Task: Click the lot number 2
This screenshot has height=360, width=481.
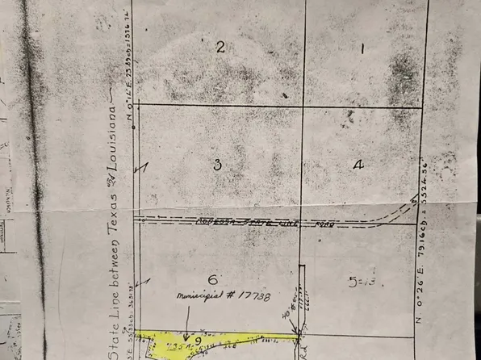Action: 220,46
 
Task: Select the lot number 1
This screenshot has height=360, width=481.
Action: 362,49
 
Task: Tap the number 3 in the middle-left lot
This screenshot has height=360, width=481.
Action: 217,165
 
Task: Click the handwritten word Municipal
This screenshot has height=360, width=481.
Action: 198,297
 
